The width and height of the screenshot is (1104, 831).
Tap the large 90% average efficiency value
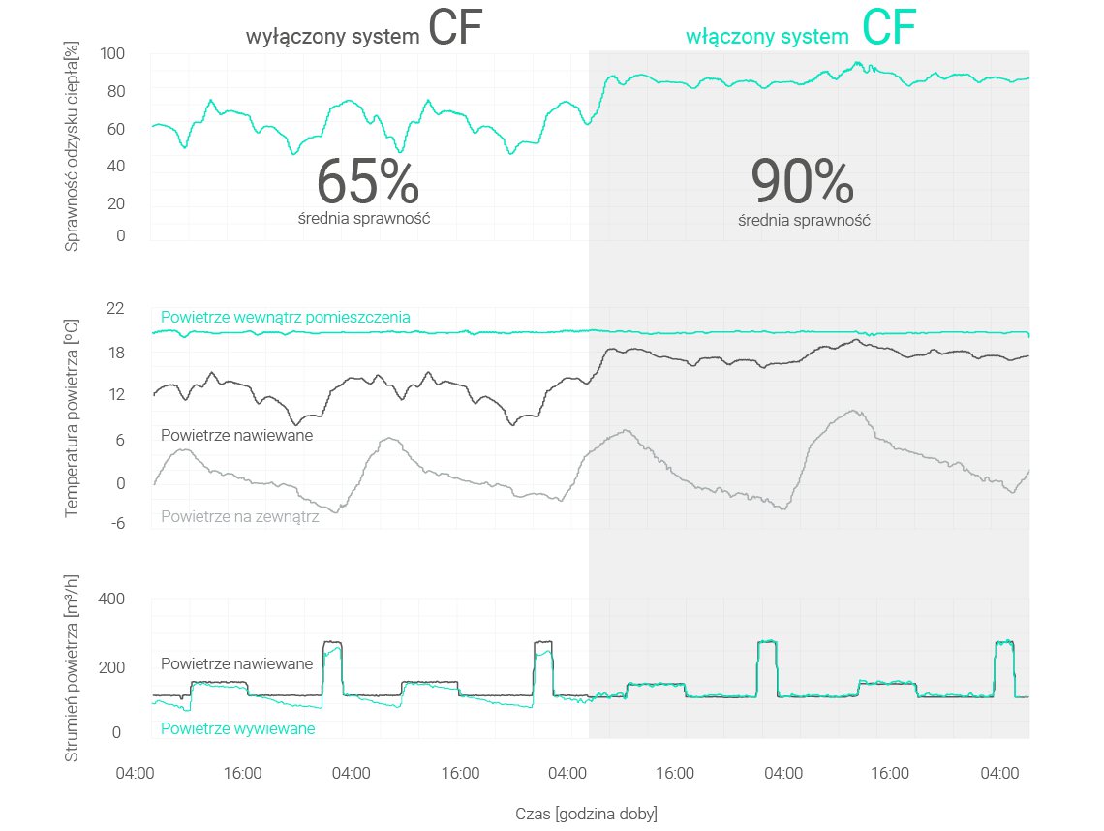click(802, 182)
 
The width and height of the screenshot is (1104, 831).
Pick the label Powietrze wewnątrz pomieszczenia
click(286, 317)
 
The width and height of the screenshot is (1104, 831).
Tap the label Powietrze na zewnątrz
click(239, 516)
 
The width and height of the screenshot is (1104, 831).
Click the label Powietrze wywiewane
click(237, 728)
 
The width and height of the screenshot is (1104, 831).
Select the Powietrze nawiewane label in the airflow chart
click(236, 663)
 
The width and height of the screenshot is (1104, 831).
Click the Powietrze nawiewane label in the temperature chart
click(236, 436)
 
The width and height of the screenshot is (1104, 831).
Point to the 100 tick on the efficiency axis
click(113, 54)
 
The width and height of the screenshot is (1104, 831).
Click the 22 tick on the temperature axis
click(116, 308)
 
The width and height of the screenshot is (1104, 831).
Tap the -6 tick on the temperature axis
click(116, 524)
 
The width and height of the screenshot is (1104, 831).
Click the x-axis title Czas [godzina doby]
click(587, 814)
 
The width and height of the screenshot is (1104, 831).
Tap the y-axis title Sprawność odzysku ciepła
click(73, 146)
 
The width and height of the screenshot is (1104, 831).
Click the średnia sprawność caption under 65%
click(364, 218)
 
